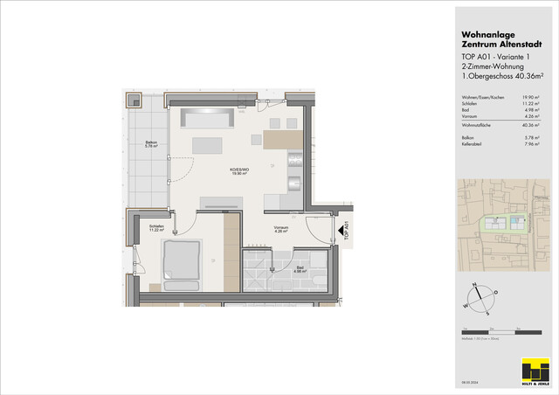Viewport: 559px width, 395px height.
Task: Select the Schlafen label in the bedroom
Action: [x=157, y=228]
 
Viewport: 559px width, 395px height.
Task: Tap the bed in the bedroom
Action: [x=181, y=261]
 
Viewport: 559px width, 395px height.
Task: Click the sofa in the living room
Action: [x=206, y=118]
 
